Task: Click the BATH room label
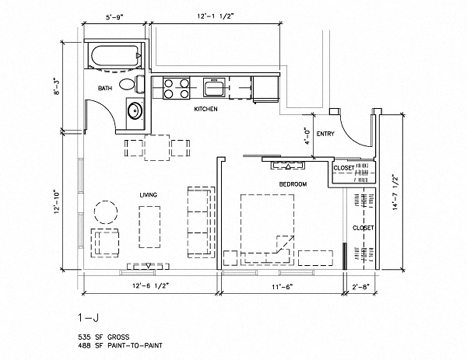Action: [x=106, y=89]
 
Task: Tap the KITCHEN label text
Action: [x=205, y=110]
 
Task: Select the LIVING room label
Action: [x=149, y=195]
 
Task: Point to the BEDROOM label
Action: [x=293, y=184]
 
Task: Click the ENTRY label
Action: [x=326, y=134]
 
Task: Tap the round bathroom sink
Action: [x=135, y=110]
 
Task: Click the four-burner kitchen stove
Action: [x=177, y=87]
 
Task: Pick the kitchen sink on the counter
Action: [x=213, y=86]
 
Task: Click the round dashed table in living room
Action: [x=104, y=210]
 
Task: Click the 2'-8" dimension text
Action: [x=360, y=287]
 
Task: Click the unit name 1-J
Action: [x=87, y=317]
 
